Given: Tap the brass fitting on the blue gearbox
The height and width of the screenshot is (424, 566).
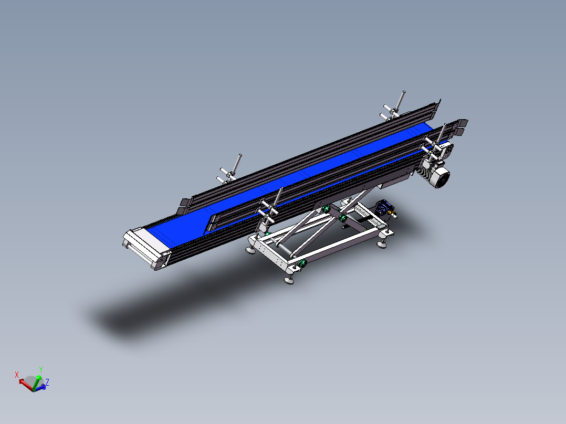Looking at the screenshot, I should click(x=393, y=214).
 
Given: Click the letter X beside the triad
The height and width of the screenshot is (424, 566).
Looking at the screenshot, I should click(x=17, y=375).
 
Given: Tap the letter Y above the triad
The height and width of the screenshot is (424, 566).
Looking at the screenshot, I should click(x=41, y=370).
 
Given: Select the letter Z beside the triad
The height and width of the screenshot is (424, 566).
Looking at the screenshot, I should click(x=47, y=383).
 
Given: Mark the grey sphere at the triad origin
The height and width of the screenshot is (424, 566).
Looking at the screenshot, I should click(x=33, y=382).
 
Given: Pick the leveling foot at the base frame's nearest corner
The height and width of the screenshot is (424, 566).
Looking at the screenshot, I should click(x=288, y=279).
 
